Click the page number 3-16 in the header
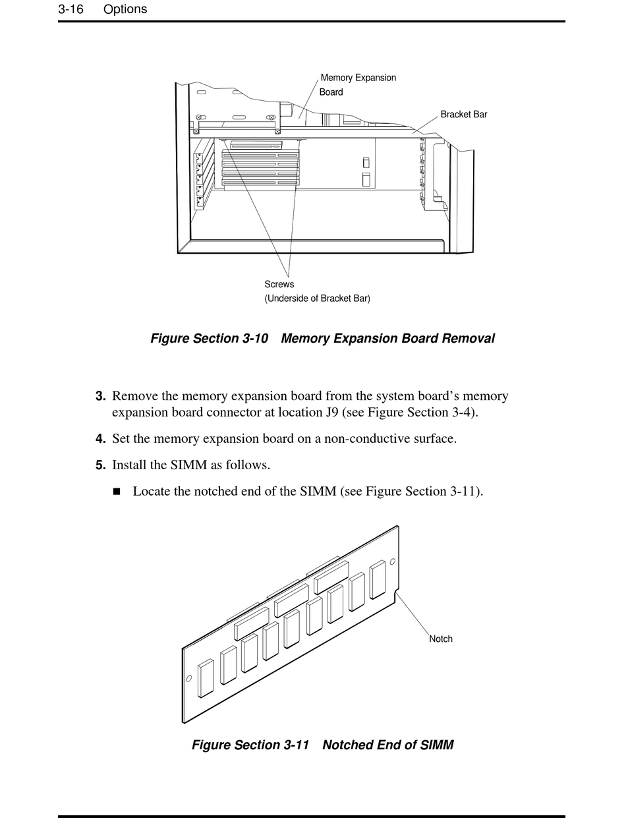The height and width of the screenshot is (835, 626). pos(71,9)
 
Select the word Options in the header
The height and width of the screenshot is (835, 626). pos(125,9)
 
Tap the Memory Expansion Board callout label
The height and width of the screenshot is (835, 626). pos(358,84)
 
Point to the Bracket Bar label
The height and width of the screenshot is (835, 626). pos(464,115)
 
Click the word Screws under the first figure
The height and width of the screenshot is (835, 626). pos(279,285)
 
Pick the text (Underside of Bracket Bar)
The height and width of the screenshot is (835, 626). pos(317,299)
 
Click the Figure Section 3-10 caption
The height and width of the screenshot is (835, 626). pos(322,339)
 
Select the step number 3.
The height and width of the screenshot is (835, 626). pos(100,396)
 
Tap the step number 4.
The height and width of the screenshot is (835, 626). pos(100,439)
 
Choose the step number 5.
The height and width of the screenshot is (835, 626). pos(100,465)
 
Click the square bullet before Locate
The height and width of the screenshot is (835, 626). pos(117,492)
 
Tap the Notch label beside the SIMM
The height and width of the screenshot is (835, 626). pos(441,639)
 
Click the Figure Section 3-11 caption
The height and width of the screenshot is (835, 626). pos(322,745)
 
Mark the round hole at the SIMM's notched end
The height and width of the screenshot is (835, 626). pos(393,561)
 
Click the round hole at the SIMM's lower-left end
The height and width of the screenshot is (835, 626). pos(189,679)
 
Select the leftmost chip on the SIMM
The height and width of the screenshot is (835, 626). pos(206,678)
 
